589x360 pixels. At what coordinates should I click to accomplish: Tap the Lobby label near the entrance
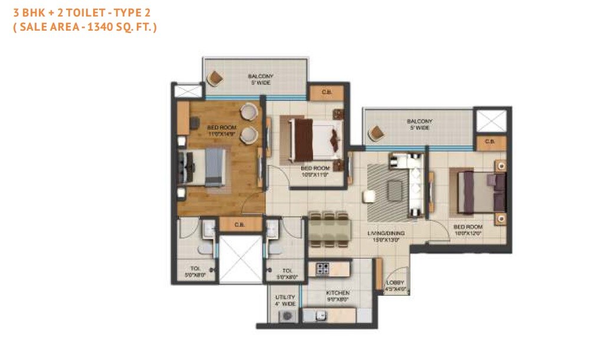pyautogui.click(x=395, y=286)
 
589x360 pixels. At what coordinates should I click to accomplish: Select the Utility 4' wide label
pyautogui.click(x=284, y=300)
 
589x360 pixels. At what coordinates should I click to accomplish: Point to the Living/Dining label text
pyautogui.click(x=384, y=236)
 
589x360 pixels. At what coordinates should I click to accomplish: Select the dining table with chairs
pyautogui.click(x=329, y=228)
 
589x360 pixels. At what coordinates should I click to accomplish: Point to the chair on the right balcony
pyautogui.click(x=376, y=133)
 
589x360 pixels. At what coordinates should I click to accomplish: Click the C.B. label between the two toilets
pyautogui.click(x=240, y=224)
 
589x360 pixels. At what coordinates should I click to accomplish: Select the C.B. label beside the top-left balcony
pyautogui.click(x=327, y=93)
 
